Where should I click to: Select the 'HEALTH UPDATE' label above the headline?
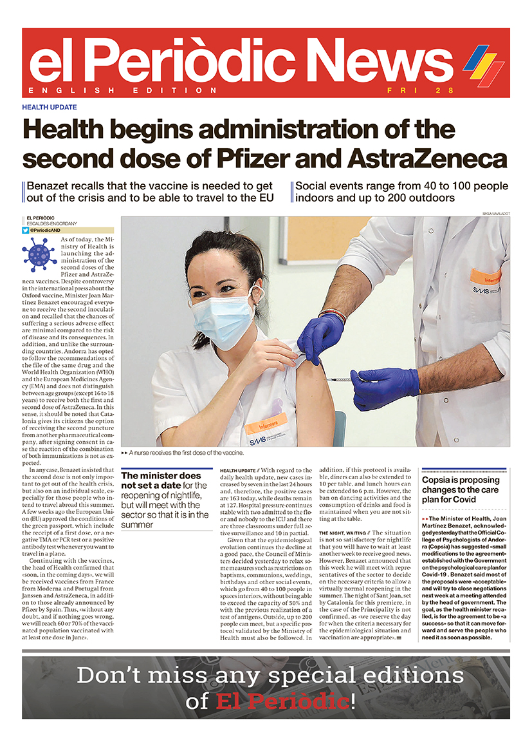pos(50,108)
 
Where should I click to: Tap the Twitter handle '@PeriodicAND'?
pos(49,230)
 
